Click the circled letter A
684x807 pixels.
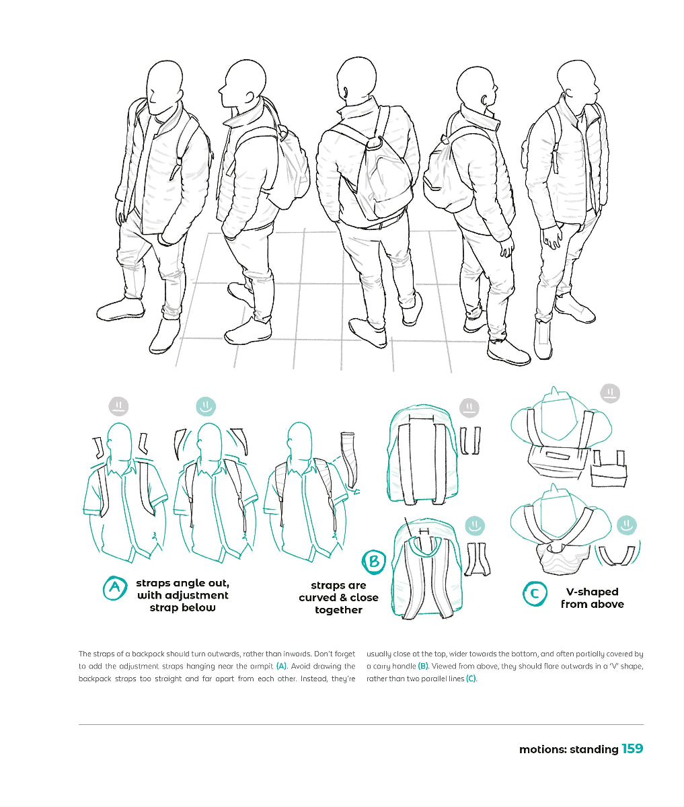(115, 589)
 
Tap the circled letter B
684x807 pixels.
(374, 562)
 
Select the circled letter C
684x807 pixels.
(535, 594)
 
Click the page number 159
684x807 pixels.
(632, 748)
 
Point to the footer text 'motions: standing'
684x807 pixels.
(568, 749)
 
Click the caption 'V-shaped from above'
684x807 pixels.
(592, 598)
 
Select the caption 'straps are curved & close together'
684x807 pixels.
(338, 598)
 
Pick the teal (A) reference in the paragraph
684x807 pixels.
(281, 666)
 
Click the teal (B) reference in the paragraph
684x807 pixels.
(423, 666)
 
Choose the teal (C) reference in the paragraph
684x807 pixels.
(471, 679)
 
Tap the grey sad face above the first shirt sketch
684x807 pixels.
(118, 406)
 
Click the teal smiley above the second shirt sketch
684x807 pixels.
(205, 406)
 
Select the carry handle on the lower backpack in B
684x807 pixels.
(423, 531)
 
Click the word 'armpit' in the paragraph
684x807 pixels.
(260, 666)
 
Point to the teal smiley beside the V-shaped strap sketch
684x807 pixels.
(627, 525)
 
